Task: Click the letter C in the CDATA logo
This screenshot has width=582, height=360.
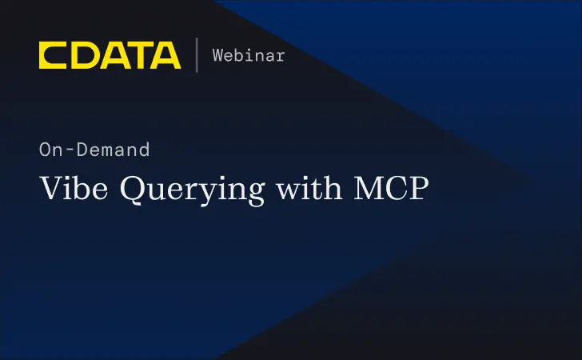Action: point(53,55)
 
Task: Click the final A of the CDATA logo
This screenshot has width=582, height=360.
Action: point(165,55)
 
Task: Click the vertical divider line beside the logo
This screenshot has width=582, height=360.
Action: point(197,55)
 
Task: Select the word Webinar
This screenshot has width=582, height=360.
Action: point(249,55)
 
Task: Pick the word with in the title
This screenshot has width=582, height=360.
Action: point(307,189)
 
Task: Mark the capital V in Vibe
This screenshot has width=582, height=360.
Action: point(50,189)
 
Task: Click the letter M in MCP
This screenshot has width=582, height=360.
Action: point(366,189)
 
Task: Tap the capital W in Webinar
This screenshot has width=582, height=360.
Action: point(217,55)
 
